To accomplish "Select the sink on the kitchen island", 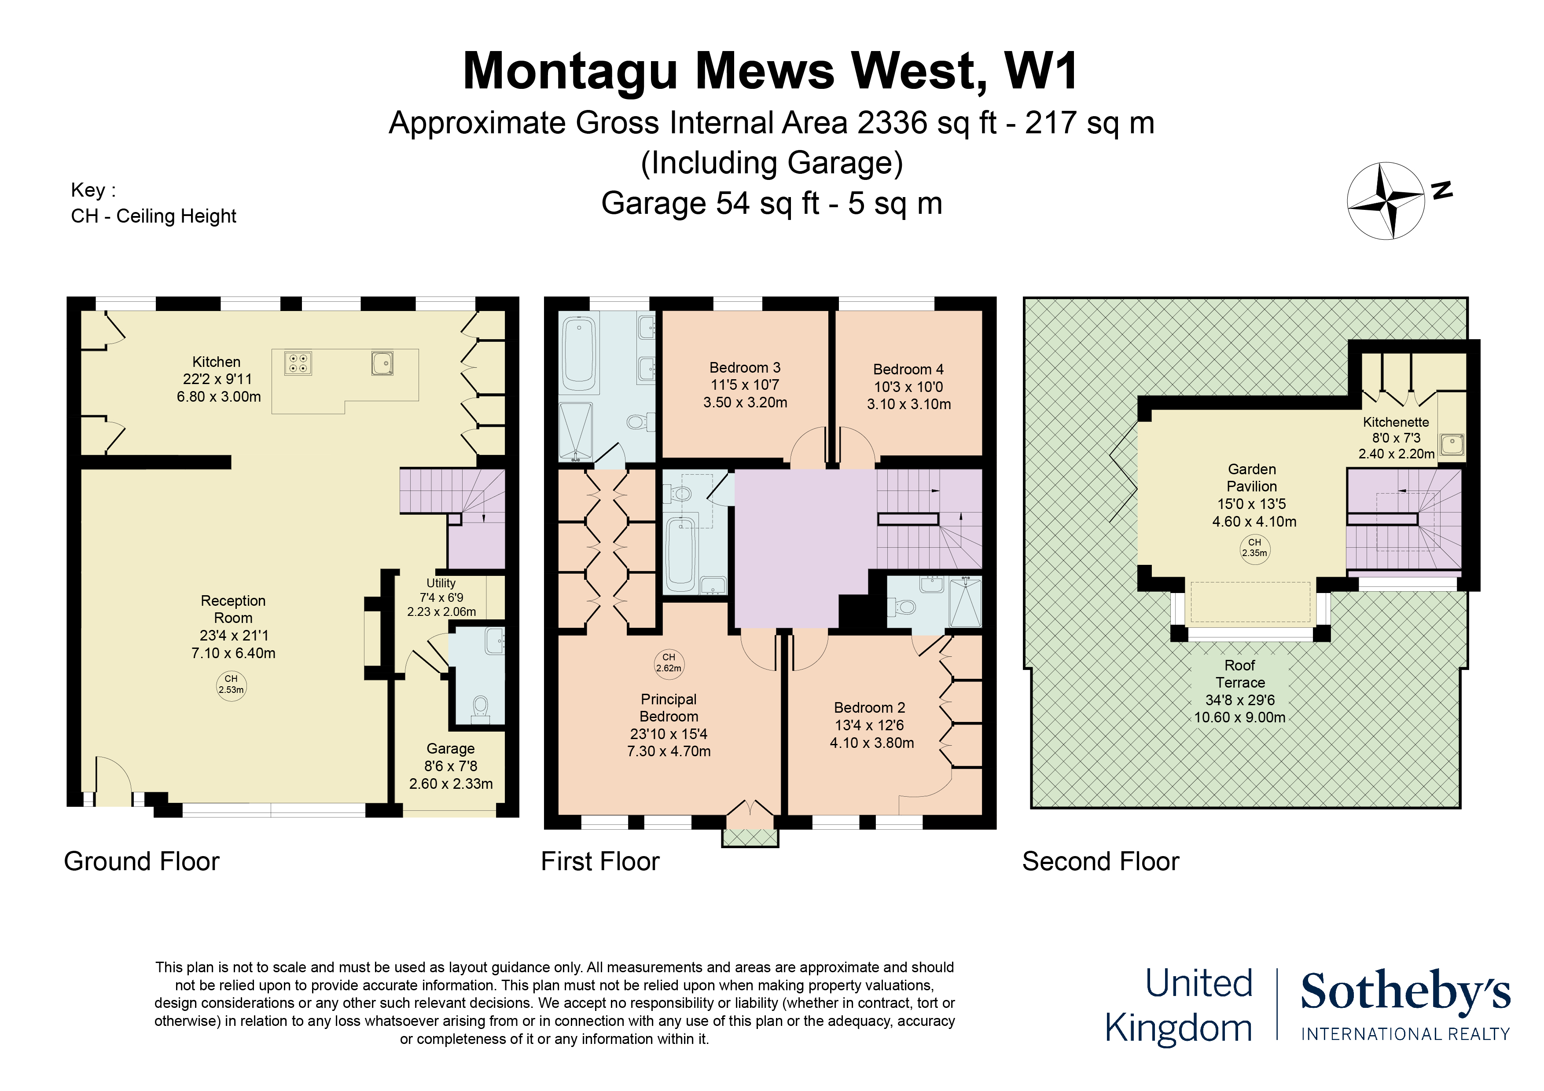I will (x=382, y=363).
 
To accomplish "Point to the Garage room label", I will (x=451, y=748).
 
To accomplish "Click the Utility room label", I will (x=441, y=583).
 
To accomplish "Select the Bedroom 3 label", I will (x=744, y=368).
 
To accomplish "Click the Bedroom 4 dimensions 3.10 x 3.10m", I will (x=908, y=404).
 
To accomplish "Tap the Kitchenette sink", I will (x=1452, y=444).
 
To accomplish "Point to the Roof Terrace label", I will (x=1239, y=674).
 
